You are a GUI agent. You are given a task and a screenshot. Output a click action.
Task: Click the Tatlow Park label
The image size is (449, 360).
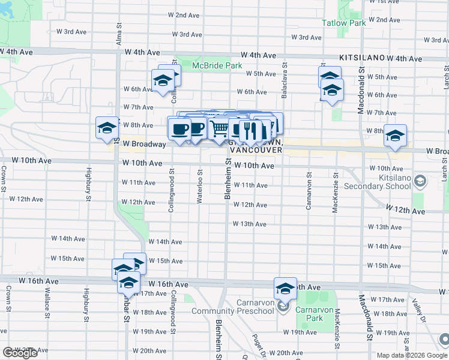360,23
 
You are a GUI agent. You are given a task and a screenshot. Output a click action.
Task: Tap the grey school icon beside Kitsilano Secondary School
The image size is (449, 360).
420,181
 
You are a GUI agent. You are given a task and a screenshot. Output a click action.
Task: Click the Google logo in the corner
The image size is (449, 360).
20,353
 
